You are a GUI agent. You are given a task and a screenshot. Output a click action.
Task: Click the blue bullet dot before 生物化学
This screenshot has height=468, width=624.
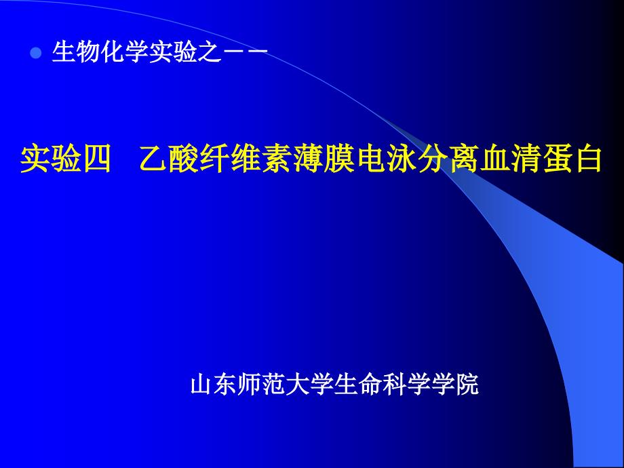point(36,53)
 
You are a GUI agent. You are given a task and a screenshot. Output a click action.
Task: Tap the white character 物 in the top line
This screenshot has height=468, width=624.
point(88,52)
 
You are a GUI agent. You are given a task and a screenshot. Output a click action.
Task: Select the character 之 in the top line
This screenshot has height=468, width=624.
point(210,52)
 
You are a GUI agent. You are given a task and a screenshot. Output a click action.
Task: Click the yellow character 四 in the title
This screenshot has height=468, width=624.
point(97,159)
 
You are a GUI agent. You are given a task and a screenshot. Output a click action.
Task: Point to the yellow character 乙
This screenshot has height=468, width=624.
point(155,159)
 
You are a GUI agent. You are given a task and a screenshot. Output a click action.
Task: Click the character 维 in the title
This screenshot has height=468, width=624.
point(246,159)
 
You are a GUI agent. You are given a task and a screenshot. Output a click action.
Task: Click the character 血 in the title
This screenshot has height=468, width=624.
point(494,159)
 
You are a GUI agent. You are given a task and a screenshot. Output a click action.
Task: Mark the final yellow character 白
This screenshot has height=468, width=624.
point(586,159)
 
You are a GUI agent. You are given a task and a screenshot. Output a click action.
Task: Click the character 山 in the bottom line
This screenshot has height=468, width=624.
point(201,384)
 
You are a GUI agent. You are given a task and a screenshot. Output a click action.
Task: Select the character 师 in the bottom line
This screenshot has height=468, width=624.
point(250,384)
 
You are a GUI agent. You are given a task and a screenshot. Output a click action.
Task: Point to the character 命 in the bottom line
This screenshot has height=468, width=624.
point(370,384)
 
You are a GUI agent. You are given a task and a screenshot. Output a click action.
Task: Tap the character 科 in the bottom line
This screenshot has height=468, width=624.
point(395,384)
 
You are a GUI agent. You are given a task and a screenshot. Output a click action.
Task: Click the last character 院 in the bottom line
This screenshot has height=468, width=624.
point(467,384)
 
